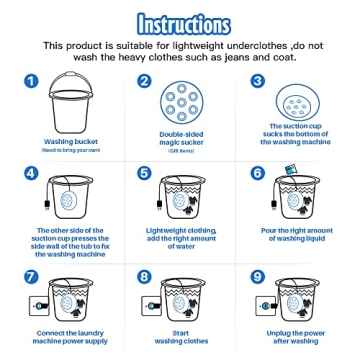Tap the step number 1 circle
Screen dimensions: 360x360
(x=31, y=82)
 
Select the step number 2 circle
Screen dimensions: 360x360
(x=144, y=82)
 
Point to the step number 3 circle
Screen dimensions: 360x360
(x=257, y=82)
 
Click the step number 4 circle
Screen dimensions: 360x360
(x=31, y=173)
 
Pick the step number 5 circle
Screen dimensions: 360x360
(x=144, y=173)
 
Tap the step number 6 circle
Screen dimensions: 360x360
(x=257, y=173)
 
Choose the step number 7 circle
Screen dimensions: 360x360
(x=31, y=276)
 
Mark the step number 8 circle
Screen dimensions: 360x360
(x=144, y=276)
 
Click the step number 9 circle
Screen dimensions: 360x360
(x=257, y=276)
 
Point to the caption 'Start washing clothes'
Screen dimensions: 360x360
(x=181, y=336)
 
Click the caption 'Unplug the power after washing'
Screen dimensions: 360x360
(x=296, y=336)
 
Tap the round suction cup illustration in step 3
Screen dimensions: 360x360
(x=296, y=103)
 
